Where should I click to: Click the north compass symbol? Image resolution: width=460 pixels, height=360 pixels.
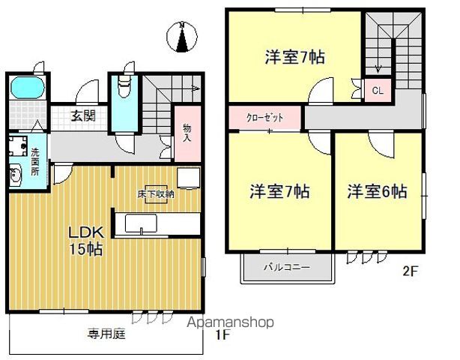(x=181, y=38)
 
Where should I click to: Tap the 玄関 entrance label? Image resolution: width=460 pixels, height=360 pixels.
(x=83, y=115)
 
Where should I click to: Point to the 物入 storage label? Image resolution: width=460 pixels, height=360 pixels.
(x=187, y=134)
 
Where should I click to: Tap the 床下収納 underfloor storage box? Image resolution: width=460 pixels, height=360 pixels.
(x=155, y=193)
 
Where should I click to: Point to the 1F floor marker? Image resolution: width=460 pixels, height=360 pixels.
(x=222, y=334)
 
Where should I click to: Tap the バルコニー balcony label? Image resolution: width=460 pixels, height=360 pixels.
(x=285, y=265)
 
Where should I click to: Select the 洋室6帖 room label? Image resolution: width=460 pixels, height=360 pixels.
(x=376, y=192)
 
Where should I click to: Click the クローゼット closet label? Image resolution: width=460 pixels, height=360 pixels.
(x=266, y=118)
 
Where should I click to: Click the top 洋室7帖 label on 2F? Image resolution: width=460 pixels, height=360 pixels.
(x=294, y=57)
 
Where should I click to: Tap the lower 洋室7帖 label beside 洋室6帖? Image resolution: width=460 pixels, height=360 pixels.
(x=279, y=192)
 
